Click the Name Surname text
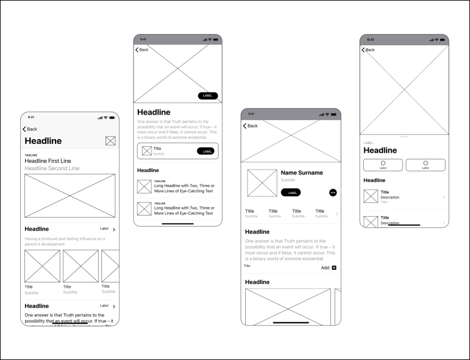pyautogui.click(x=302, y=173)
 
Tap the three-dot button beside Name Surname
pyautogui.click(x=333, y=192)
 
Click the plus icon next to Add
pyautogui.click(x=334, y=267)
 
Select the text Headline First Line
pyautogui.click(x=48, y=161)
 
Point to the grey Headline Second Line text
pyautogui.click(x=52, y=168)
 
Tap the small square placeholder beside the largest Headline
pyautogui.click(x=110, y=141)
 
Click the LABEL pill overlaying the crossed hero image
pyautogui.click(x=208, y=96)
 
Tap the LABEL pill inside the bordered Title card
pyautogui.click(x=205, y=151)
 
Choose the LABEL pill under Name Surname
pyautogui.click(x=292, y=192)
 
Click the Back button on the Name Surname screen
pyautogui.click(x=251, y=126)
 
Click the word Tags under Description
pyautogui.click(x=384, y=202)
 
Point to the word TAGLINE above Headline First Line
pyautogui.click(x=30, y=155)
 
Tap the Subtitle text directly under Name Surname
pyautogui.click(x=288, y=180)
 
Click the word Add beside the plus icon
pyautogui.click(x=325, y=267)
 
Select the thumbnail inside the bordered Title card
pyautogui.click(x=147, y=150)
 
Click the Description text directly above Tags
pyautogui.click(x=390, y=197)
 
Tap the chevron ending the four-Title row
pyautogui.click(x=336, y=213)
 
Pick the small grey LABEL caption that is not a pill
pyautogui.click(x=369, y=143)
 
